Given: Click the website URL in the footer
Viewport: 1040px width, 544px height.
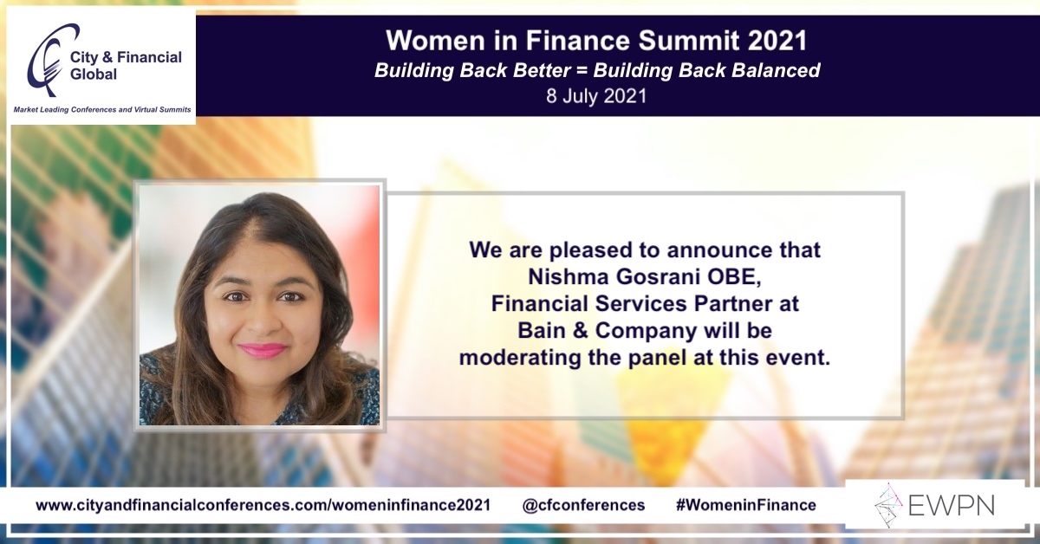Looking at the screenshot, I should (263, 505).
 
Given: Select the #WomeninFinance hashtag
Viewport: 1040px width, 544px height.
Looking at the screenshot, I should (744, 505).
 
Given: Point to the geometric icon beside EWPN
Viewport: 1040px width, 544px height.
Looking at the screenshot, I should (888, 505).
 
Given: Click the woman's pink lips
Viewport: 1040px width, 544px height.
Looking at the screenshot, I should (263, 350).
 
